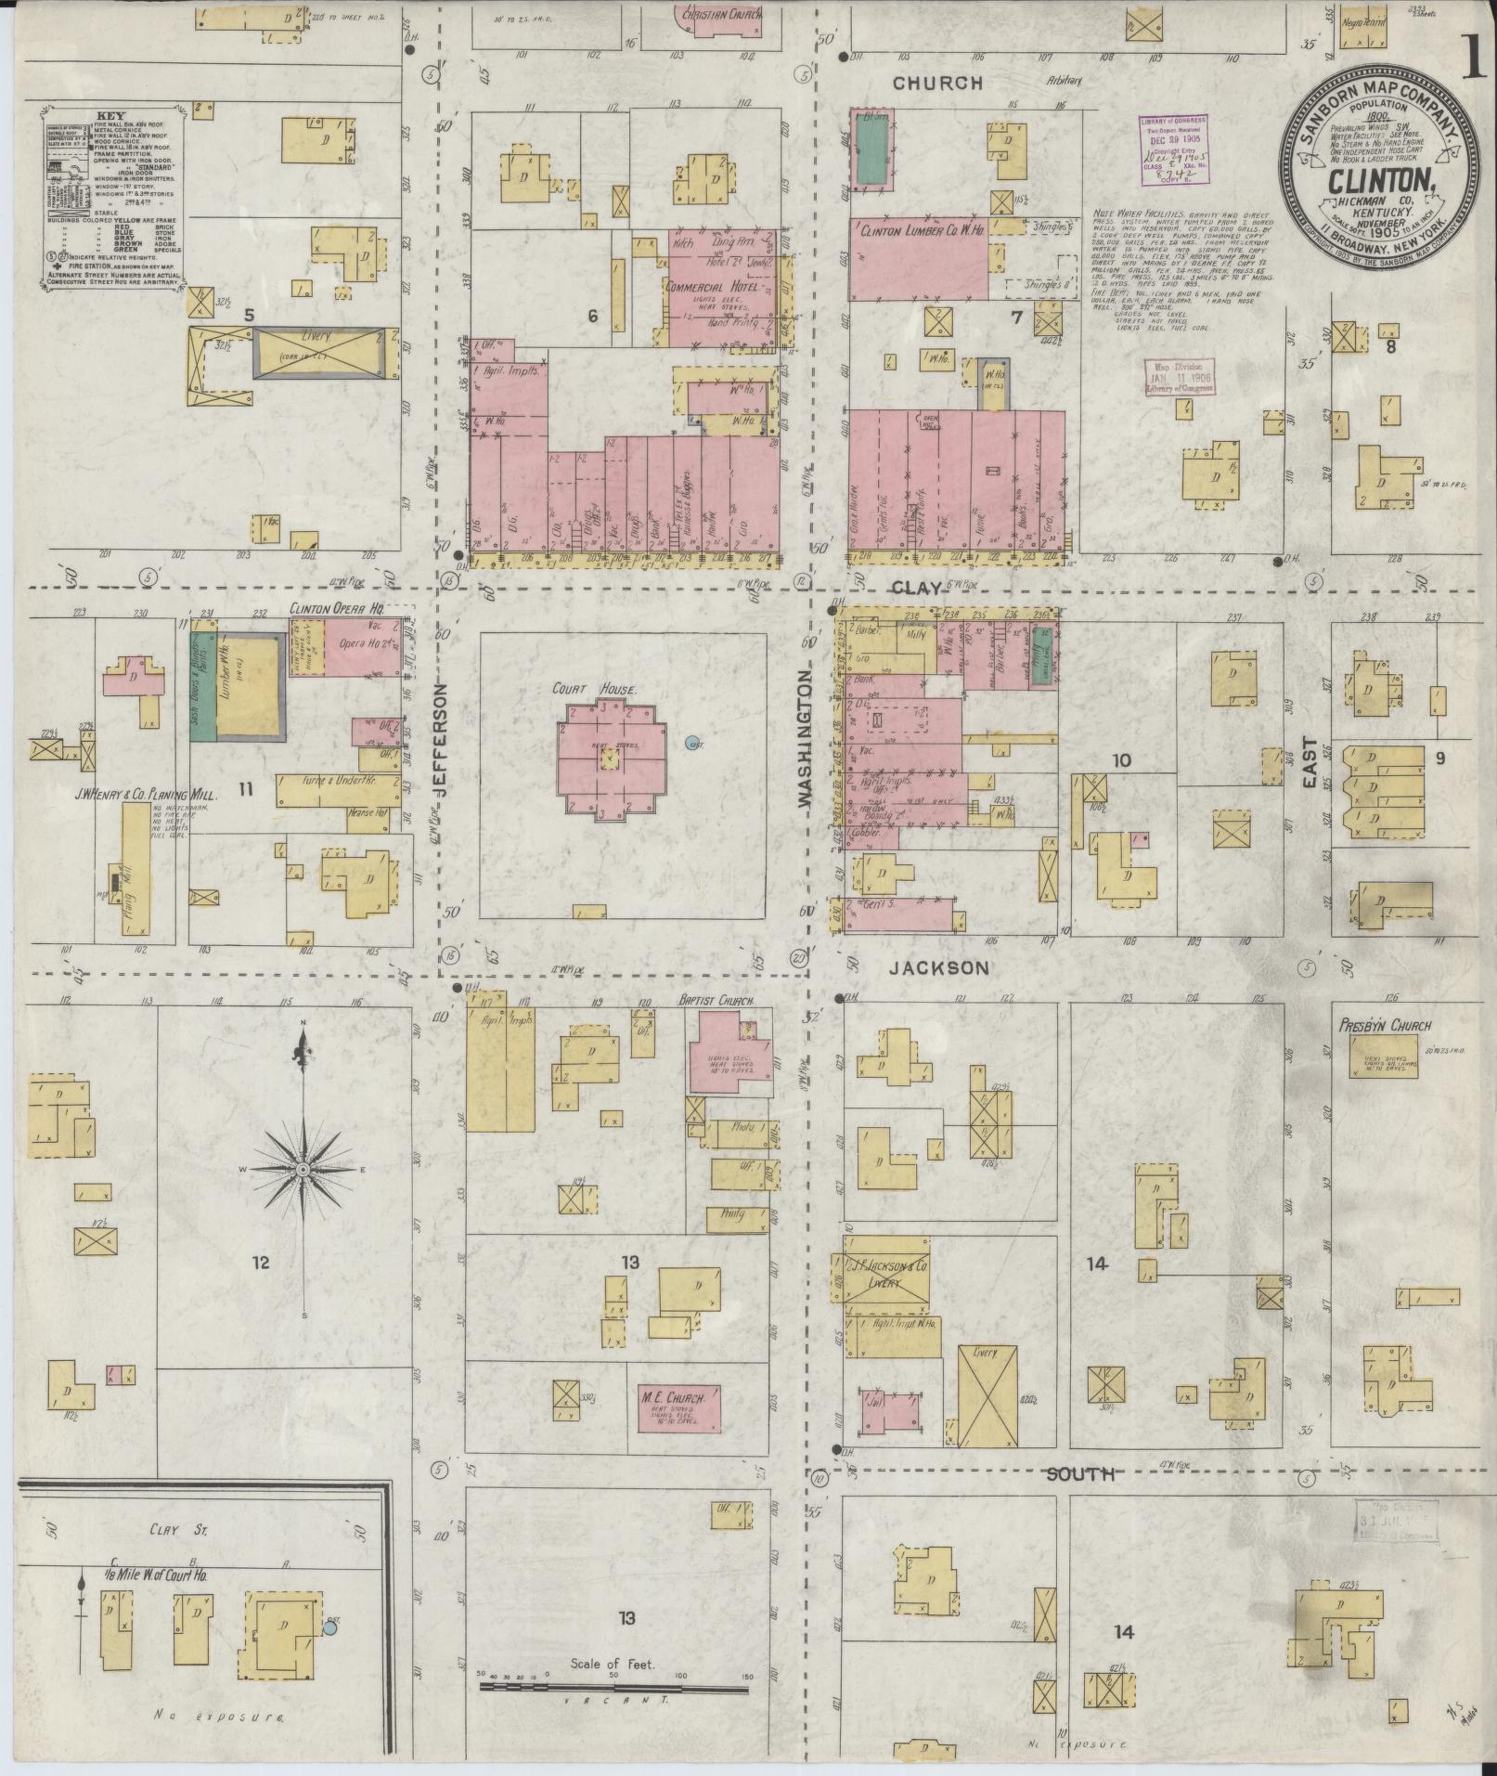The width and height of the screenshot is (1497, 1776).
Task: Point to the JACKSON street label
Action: pyautogui.click(x=938, y=968)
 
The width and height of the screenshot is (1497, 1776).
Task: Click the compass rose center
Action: pyautogui.click(x=303, y=1170)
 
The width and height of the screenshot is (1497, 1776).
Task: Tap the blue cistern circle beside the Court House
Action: pyautogui.click(x=690, y=743)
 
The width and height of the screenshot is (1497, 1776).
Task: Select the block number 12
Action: pyautogui.click(x=260, y=1263)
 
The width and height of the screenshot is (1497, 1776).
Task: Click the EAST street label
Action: pyautogui.click(x=1310, y=763)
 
